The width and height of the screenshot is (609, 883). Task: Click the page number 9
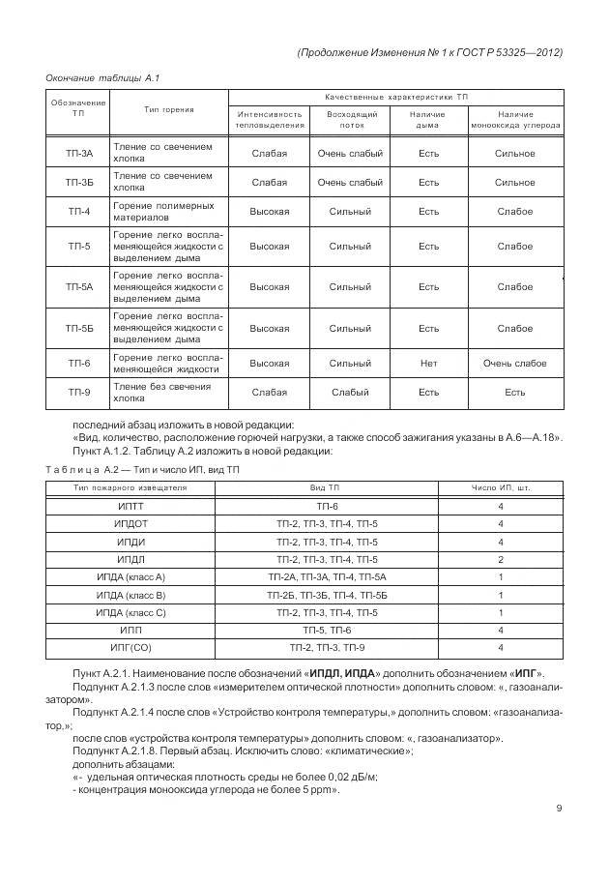click(560, 809)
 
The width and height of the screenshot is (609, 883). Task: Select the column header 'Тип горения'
click(169, 110)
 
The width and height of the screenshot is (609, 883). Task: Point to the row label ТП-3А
click(79, 153)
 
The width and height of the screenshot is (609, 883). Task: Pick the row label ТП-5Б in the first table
click(79, 328)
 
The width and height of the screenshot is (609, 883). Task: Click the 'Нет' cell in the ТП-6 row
click(428, 364)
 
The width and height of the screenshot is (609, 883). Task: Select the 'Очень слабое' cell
click(514, 364)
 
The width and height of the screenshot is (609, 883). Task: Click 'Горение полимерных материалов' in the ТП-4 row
click(163, 212)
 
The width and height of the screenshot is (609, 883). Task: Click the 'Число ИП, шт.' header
click(501, 487)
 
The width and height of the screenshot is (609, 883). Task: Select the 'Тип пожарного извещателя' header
click(130, 487)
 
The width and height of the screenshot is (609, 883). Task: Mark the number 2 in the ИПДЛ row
click(501, 559)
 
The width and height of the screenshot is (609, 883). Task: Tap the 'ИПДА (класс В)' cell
click(130, 595)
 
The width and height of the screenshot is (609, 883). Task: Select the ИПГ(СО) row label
click(130, 648)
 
